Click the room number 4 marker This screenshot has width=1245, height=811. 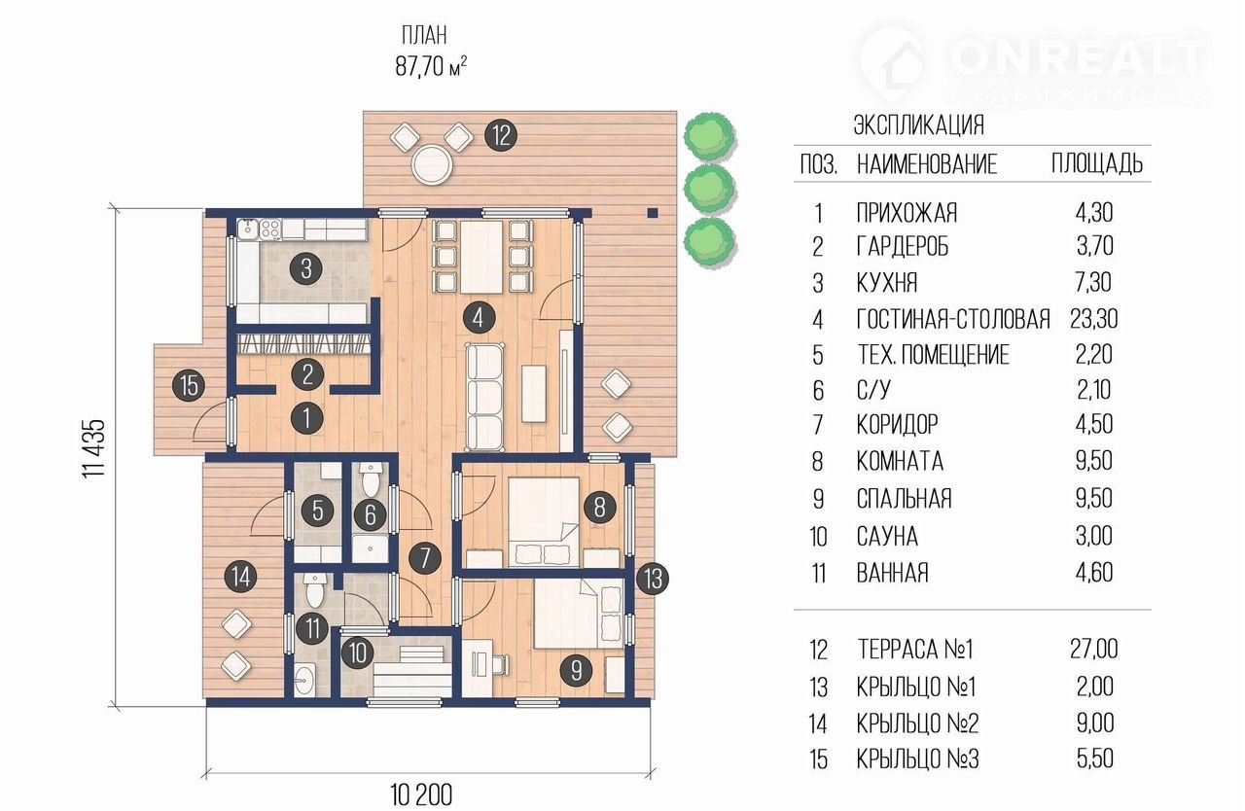tap(478, 318)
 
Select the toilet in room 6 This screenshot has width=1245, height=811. tap(370, 480)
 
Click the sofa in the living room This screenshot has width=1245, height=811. tap(485, 397)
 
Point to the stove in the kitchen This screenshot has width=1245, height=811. tap(270, 229)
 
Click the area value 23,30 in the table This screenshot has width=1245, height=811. tap(1094, 319)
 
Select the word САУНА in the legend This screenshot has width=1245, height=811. tap(887, 537)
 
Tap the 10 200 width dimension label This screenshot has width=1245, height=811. tap(421, 794)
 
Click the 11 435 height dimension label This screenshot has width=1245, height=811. tap(93, 448)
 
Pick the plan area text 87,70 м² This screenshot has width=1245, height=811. tap(431, 66)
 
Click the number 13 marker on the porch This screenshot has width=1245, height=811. tap(652, 579)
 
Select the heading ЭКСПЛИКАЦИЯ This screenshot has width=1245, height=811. tap(919, 125)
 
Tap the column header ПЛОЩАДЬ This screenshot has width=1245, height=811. tap(1096, 163)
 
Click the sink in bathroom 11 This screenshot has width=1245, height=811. tap(304, 679)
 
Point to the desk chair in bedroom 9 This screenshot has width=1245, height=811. tap(500, 664)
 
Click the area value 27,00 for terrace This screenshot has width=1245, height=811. tap(1094, 649)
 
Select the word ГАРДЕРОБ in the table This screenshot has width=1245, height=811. tap(903, 246)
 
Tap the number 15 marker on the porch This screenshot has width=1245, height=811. tap(189, 385)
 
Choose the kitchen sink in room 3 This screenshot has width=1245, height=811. tap(247, 229)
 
